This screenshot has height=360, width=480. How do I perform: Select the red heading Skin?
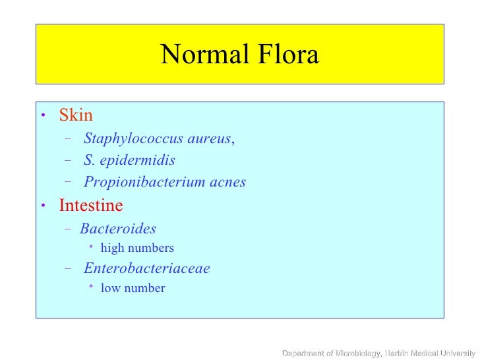point(76,115)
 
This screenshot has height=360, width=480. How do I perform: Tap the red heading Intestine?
point(91,206)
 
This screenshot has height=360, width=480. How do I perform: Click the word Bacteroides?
point(118,229)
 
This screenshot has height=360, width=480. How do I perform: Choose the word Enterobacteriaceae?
point(146,268)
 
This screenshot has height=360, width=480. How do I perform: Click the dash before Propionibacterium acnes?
point(69,182)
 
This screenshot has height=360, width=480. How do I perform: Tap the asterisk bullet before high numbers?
point(91,248)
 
